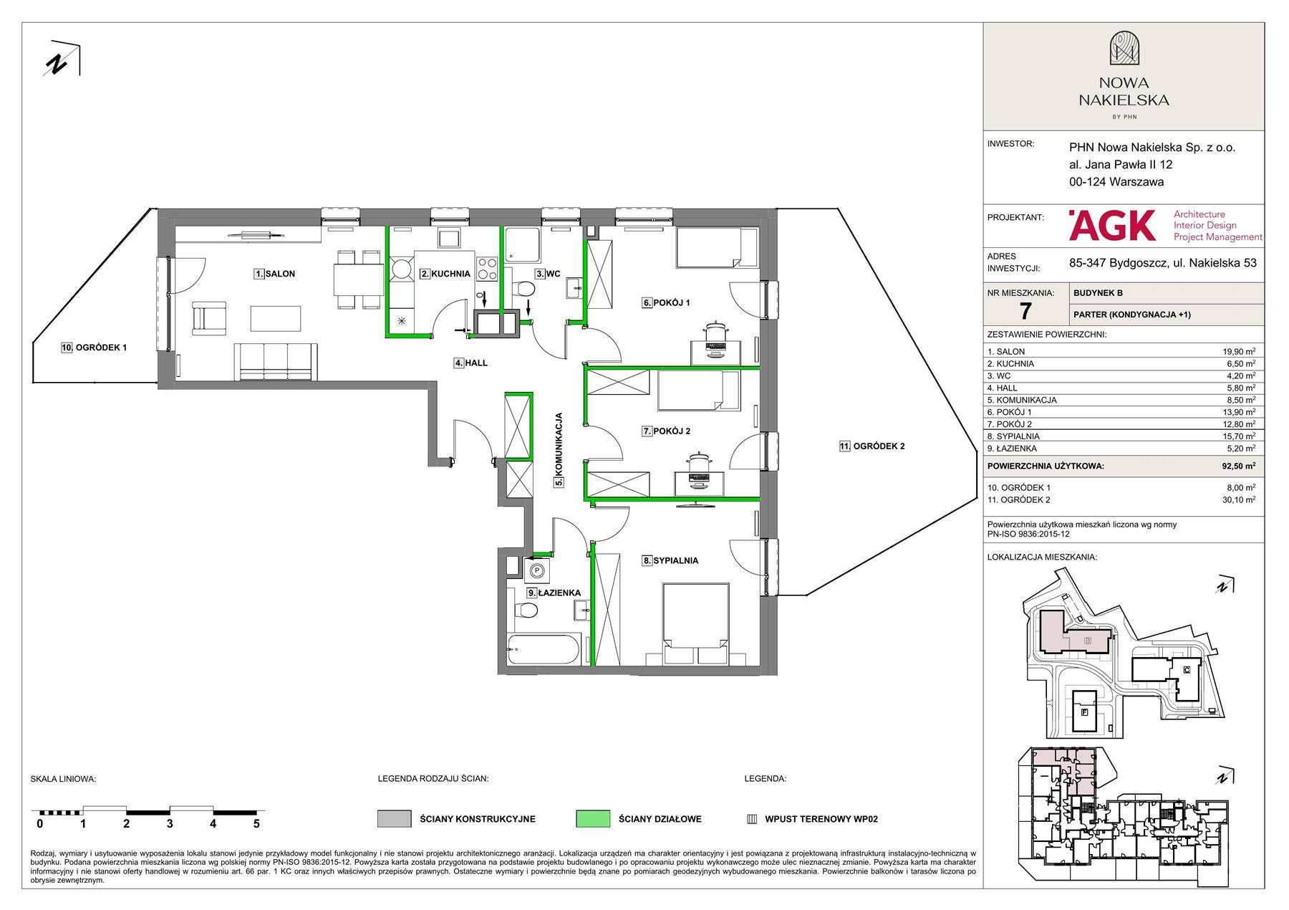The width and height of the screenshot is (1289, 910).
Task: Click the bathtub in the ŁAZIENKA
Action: coord(544,649)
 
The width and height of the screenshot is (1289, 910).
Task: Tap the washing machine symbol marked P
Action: coord(536,571)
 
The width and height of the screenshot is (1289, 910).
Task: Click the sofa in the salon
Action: coord(276,361)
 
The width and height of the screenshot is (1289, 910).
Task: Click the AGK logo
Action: coord(1112,225)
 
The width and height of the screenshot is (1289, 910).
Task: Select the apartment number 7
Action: coord(1025,311)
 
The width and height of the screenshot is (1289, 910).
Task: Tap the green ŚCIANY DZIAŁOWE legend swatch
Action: coord(593,818)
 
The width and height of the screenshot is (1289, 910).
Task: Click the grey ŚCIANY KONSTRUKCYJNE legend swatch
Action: coord(395,818)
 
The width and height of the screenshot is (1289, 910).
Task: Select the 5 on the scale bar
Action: coord(256,824)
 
